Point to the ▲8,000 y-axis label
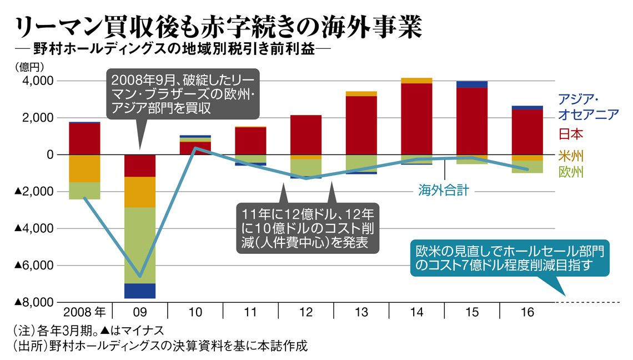tap(34, 302)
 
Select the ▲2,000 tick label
tap(34, 192)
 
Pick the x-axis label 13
tap(361, 312)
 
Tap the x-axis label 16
tap(527, 312)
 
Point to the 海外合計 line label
tap(444, 191)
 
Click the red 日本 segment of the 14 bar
tap(416, 118)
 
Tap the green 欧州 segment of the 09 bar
tap(140, 245)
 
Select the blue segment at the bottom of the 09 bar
tap(140, 291)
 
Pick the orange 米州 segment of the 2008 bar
tap(84, 168)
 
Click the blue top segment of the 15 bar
tap(472, 84)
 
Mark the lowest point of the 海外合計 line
tap(140, 276)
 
